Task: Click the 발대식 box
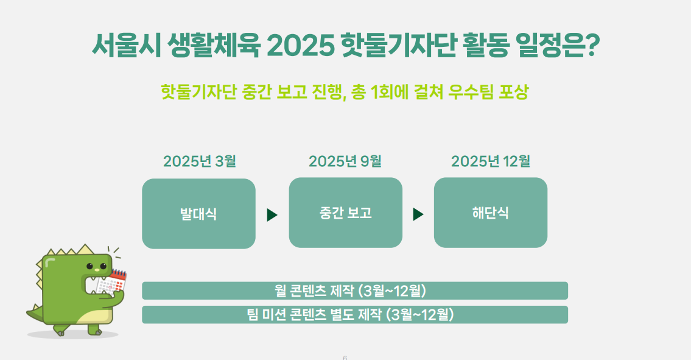click(x=198, y=214)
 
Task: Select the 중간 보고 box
click(x=346, y=213)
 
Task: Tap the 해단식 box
click(x=491, y=213)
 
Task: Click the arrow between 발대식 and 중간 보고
click(x=272, y=215)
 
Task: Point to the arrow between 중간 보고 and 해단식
click(x=418, y=214)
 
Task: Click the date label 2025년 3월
click(x=200, y=161)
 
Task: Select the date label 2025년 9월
click(x=345, y=161)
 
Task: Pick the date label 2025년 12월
click(x=491, y=161)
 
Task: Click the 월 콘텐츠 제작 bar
click(x=355, y=291)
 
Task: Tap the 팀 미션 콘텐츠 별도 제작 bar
click(x=355, y=314)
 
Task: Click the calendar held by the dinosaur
click(x=112, y=282)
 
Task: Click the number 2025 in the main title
click(x=301, y=45)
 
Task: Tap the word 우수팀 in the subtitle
click(x=471, y=92)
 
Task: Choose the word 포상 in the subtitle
click(x=513, y=92)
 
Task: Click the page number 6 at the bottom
click(x=345, y=358)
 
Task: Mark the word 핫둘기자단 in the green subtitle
click(x=198, y=92)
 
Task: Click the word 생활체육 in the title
click(x=214, y=45)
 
